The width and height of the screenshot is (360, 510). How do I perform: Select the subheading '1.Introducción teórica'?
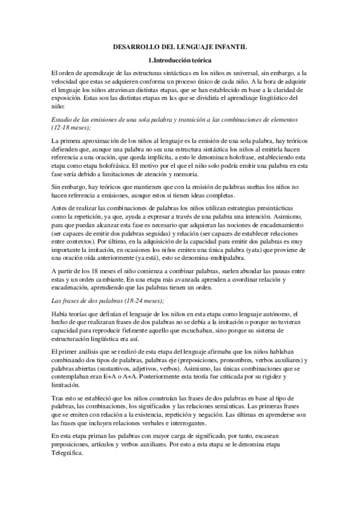pyautogui.click(x=180, y=60)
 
